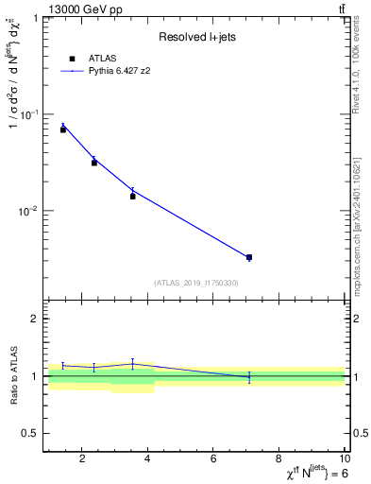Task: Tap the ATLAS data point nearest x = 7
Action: click(249, 257)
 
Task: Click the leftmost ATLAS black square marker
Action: click(63, 130)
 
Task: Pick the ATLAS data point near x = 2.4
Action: click(94, 163)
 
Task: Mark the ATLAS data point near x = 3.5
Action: click(133, 196)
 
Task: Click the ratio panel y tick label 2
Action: click(36, 320)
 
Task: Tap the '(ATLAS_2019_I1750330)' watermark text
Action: click(195, 283)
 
